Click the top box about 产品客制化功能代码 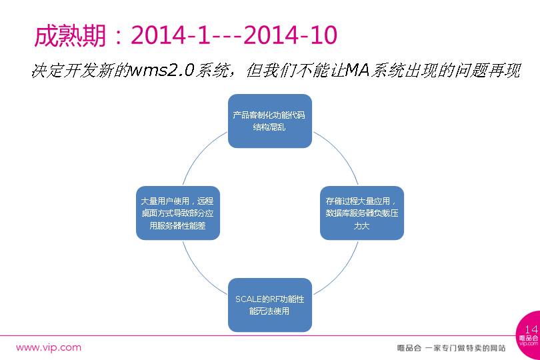(x=269, y=121)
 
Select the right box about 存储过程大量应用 (x=362, y=213)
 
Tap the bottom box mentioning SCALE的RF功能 (x=269, y=305)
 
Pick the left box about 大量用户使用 (x=177, y=213)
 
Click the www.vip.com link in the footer (x=49, y=347)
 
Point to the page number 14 (x=531, y=329)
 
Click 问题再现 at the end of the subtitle (x=494, y=71)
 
